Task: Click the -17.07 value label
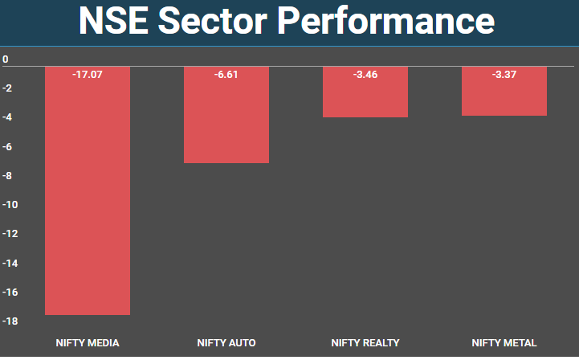click(x=88, y=75)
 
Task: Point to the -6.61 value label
click(x=226, y=75)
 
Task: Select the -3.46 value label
click(x=365, y=75)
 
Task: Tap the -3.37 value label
click(x=504, y=75)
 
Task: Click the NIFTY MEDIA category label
click(x=88, y=343)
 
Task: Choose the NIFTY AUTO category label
click(x=226, y=343)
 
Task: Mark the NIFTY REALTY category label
click(x=365, y=343)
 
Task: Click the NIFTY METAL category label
click(x=504, y=343)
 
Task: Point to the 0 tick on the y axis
click(x=6, y=59)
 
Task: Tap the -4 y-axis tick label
click(x=7, y=117)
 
